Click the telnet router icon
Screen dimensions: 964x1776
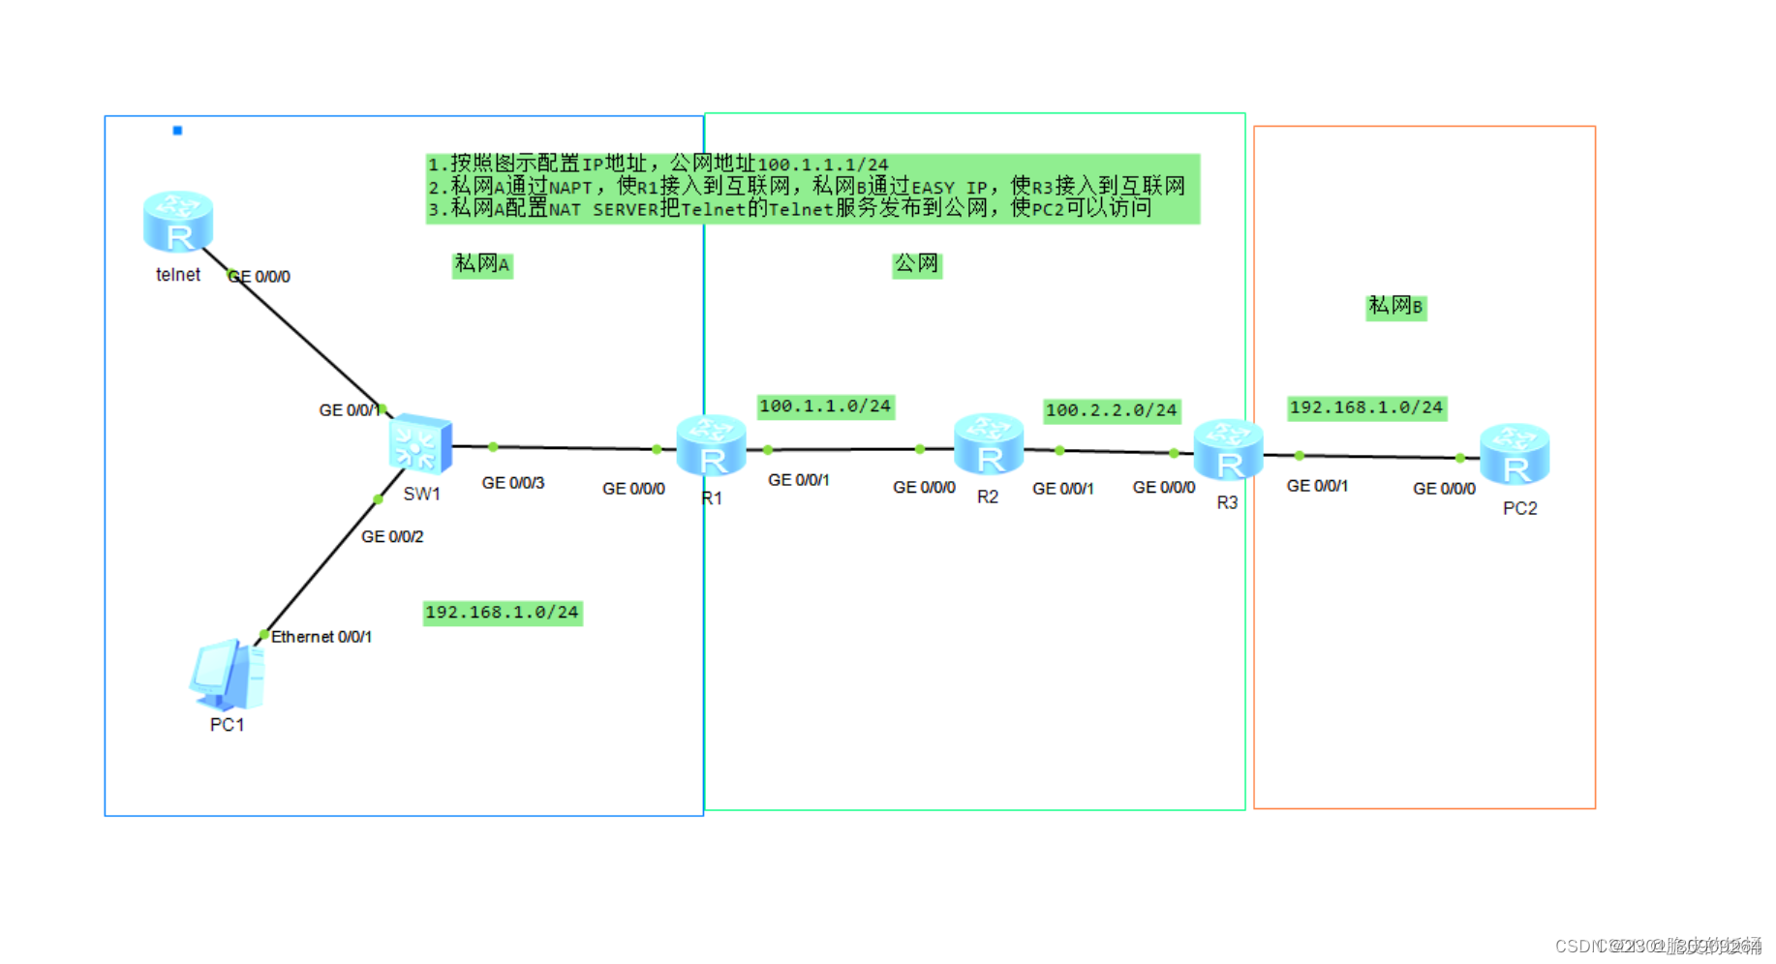tap(178, 222)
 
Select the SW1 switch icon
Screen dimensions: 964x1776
tap(420, 444)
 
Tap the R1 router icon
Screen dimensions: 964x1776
tap(712, 445)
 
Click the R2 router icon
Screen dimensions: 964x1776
tap(989, 444)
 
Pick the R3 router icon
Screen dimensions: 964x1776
tap(1228, 450)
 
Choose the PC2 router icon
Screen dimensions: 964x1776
tap(1515, 454)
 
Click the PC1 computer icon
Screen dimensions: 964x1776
tap(228, 675)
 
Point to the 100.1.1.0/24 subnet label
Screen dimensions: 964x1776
tap(825, 407)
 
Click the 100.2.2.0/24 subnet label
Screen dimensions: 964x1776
tap(1111, 410)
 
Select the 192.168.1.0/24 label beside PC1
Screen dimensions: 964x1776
tap(502, 613)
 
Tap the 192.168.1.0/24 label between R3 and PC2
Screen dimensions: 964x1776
tap(1366, 407)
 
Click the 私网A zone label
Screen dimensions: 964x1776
tap(482, 264)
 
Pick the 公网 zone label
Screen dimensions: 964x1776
tap(916, 264)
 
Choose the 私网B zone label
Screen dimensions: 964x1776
tap(1395, 307)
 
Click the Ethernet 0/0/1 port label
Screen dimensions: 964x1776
tap(322, 637)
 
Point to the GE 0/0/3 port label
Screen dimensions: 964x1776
tap(513, 483)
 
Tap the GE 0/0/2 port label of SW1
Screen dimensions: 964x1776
tap(392, 536)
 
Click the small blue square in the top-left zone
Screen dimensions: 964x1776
tap(177, 130)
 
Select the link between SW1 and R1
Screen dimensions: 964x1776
tap(571, 447)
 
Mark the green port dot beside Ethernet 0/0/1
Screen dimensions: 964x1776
tap(263, 635)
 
